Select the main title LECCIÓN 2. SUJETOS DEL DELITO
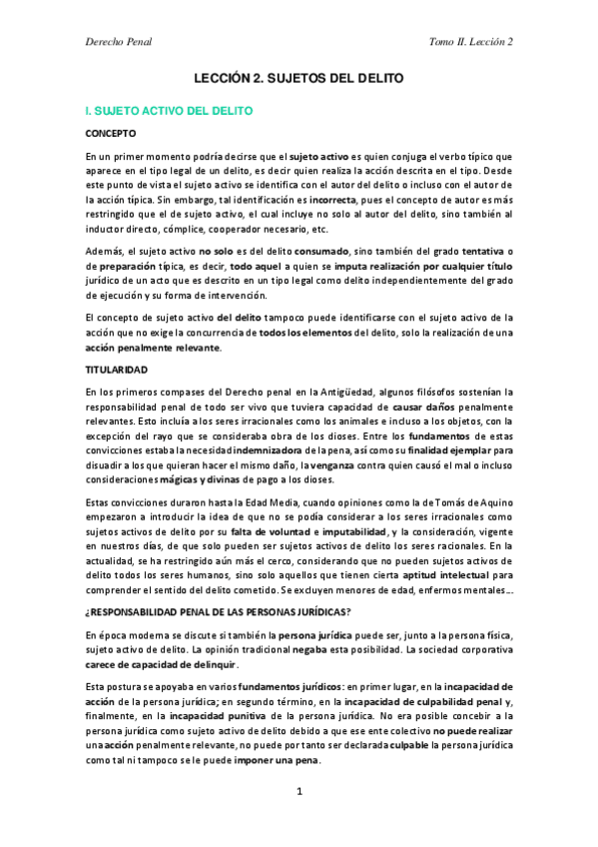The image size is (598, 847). pyautogui.click(x=299, y=78)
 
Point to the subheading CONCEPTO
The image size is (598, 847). pyautogui.click(x=111, y=133)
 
